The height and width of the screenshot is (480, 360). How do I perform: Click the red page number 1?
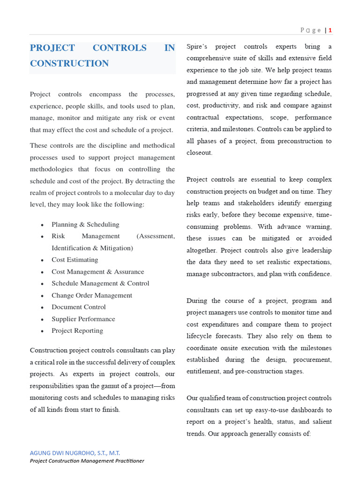[x=330, y=30]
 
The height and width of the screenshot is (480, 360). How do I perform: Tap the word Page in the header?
[x=310, y=30]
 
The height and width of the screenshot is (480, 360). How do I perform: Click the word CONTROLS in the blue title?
[x=120, y=48]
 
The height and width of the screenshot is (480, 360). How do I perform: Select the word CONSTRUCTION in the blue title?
[x=69, y=63]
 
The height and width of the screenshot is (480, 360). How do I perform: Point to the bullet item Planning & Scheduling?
[x=85, y=225]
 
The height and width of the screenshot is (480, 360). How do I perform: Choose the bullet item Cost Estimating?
[x=75, y=260]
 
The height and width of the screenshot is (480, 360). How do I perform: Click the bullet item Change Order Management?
[x=92, y=295]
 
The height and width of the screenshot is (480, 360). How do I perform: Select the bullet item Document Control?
[x=79, y=307]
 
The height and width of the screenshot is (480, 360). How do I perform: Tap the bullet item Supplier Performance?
[x=83, y=319]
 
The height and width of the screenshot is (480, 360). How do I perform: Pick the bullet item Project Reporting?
[x=77, y=330]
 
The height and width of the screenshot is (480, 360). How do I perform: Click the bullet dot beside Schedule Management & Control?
[x=43, y=284]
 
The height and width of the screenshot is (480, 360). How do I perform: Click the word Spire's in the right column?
[x=197, y=47]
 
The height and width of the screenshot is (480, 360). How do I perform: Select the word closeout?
[x=199, y=153]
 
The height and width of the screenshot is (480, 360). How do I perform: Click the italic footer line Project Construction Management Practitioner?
[x=87, y=461]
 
